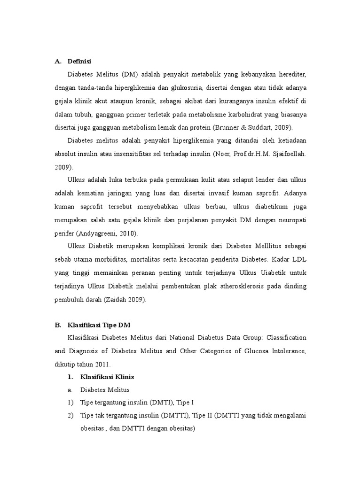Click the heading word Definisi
click(x=79, y=62)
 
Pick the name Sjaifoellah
click(x=286, y=153)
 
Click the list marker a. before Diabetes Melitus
click(x=69, y=390)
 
